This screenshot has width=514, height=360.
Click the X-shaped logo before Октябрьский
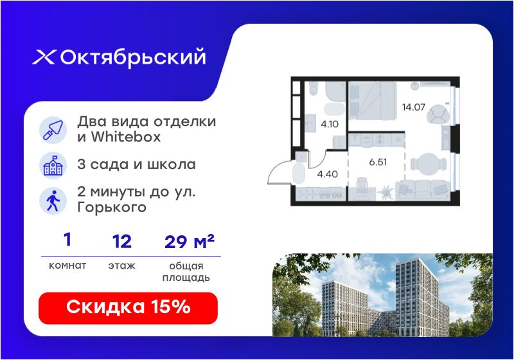tap(44, 57)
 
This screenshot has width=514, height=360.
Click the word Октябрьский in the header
tap(133, 58)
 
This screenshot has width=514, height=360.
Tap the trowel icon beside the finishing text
tap(53, 130)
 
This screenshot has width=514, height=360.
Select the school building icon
tap(53, 165)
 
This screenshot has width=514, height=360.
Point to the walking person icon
tap(53, 201)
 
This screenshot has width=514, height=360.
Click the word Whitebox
tap(125, 137)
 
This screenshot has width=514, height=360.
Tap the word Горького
tap(112, 208)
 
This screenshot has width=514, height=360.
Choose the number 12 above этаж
tap(122, 241)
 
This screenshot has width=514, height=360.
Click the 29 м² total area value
tap(189, 241)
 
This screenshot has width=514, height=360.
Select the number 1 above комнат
tap(67, 239)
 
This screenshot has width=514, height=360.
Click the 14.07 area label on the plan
tap(414, 107)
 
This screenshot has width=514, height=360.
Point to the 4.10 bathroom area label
tap(330, 124)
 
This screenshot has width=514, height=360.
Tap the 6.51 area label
tap(378, 162)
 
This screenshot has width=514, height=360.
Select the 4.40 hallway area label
tap(328, 174)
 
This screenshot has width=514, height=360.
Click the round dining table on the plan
tap(429, 163)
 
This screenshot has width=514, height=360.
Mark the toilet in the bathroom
tap(314, 88)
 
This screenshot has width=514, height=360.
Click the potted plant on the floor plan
tap(386, 192)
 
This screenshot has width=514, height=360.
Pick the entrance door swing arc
tap(274, 167)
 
